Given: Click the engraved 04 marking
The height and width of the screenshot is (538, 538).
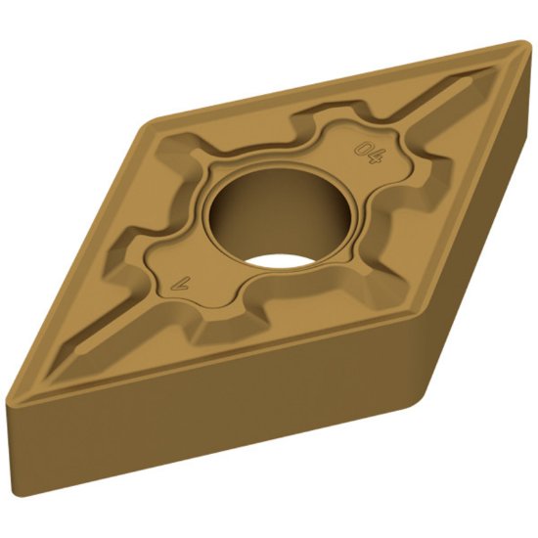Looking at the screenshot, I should click(370, 152).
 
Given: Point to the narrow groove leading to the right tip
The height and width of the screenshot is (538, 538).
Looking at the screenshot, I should click(460, 93).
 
